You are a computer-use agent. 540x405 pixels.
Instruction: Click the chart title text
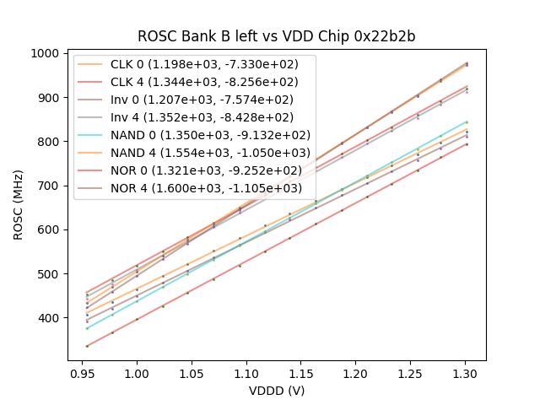point(277,37)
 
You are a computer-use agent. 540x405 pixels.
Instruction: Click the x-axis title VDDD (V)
point(277,391)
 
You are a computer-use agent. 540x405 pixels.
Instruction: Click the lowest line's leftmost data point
point(87,346)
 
